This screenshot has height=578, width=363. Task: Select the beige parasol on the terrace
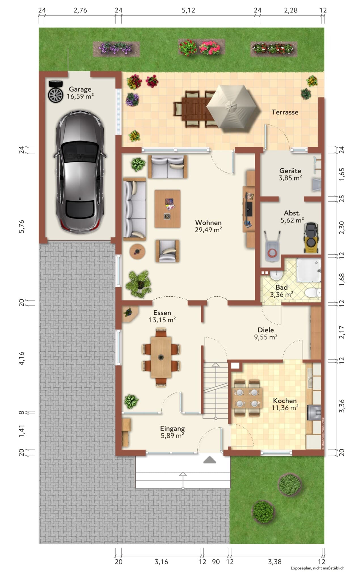(233, 108)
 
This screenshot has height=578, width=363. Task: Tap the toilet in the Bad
(313, 292)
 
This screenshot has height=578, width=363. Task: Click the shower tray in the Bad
(309, 270)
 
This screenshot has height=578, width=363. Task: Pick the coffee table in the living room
(167, 208)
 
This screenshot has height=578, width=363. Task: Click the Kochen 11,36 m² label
(285, 404)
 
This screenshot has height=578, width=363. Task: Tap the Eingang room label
(172, 432)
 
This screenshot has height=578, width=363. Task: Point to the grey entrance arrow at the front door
(210, 459)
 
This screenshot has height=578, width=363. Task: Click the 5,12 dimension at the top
(188, 10)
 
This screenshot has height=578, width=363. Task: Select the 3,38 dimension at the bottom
(275, 562)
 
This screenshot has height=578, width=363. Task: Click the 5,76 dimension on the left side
(22, 226)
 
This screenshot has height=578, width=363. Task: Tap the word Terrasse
(285, 112)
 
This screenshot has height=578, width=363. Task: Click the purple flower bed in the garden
(116, 49)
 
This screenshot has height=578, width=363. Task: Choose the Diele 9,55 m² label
(266, 333)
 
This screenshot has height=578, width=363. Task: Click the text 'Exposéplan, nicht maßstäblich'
(317, 568)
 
